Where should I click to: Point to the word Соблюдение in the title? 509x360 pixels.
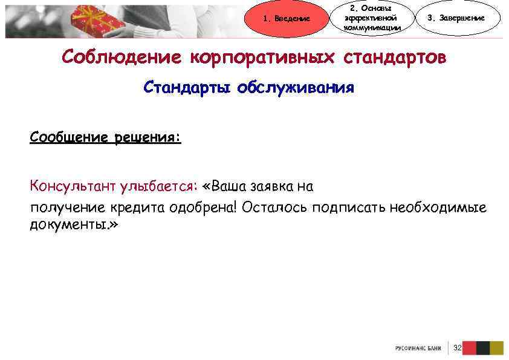click(121, 58)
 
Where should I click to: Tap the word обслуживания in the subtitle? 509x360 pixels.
click(296, 88)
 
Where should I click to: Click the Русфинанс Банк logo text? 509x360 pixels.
click(418, 349)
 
